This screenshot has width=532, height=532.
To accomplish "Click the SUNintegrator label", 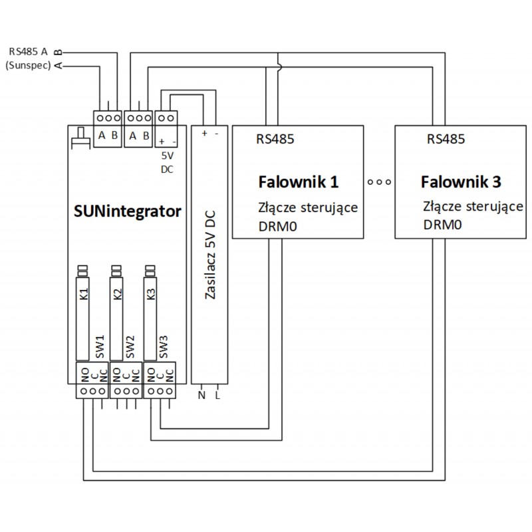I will [x=126, y=213].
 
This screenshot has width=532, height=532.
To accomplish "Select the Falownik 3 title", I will [x=461, y=182].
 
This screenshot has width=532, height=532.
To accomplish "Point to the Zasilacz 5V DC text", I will [x=210, y=257].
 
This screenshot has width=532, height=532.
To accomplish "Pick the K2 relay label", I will [x=118, y=294].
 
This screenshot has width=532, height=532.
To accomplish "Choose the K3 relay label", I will [x=151, y=294].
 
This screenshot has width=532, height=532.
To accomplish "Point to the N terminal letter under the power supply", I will [x=201, y=396].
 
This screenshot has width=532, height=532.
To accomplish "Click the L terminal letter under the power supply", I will [x=217, y=396].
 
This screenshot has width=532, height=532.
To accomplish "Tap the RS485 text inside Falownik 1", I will [x=276, y=140].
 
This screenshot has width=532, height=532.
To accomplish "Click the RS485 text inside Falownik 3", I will [x=446, y=140].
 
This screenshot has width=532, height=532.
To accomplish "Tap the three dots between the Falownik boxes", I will [x=379, y=181].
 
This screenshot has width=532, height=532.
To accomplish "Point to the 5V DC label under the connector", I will [x=167, y=162].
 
